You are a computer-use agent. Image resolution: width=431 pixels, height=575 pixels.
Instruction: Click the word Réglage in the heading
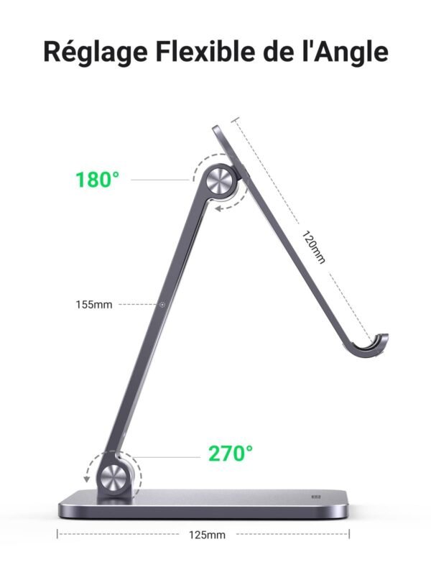point(96,52)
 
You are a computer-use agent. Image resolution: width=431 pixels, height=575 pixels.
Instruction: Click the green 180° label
point(98,180)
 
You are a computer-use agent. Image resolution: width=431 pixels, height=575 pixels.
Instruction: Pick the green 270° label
point(231,454)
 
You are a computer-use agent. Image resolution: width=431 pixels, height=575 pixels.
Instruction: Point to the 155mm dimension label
point(94,305)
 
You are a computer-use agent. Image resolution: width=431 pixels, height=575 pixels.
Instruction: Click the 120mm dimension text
point(313,247)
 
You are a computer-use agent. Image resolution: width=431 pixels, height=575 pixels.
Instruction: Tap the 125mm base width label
point(207,535)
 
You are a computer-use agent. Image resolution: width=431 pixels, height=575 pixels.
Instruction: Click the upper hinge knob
point(221,181)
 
